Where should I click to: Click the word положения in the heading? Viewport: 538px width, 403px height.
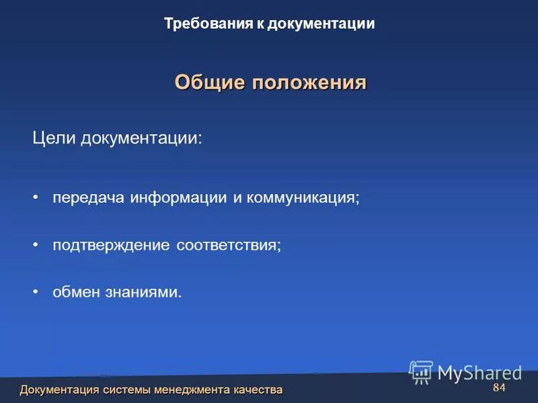pos(309,83)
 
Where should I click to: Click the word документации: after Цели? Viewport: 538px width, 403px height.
pos(141,138)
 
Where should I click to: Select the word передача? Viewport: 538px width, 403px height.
pos(89,198)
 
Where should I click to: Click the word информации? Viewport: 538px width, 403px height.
pos(177,198)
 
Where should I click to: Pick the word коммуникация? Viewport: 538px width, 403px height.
pos(303,198)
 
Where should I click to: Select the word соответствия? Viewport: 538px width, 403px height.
pos(229,245)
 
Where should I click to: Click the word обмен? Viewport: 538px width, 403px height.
pos(75,292)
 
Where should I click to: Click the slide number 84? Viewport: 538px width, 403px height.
pos(499,389)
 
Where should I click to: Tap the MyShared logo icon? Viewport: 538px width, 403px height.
pos(421,371)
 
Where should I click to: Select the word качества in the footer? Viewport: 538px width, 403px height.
pos(258,390)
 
